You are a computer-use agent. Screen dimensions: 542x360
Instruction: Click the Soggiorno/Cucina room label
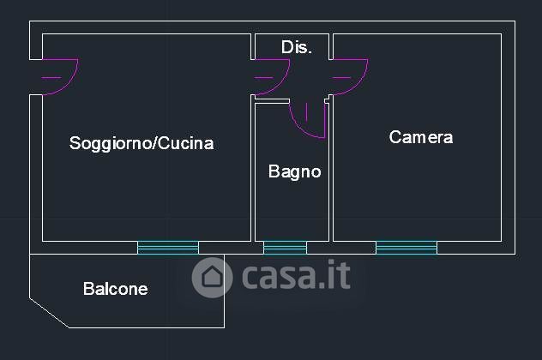click(142, 143)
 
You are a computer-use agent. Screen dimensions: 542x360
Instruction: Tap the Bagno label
click(294, 171)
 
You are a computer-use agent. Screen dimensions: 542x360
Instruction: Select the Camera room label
click(420, 137)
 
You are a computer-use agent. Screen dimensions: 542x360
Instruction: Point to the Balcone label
click(115, 289)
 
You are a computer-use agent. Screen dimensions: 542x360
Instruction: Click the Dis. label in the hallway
click(296, 47)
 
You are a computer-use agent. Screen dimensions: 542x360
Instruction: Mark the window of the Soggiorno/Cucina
click(168, 248)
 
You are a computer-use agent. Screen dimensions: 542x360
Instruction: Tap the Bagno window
click(285, 248)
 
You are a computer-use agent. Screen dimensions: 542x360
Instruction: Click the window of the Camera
click(406, 248)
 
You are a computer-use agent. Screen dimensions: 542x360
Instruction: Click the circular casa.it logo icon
click(213, 277)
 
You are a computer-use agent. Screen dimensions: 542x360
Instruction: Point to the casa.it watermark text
click(296, 276)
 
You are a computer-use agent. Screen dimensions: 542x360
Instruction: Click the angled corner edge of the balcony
click(49, 312)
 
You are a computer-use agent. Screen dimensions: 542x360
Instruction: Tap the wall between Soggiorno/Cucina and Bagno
click(252, 171)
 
